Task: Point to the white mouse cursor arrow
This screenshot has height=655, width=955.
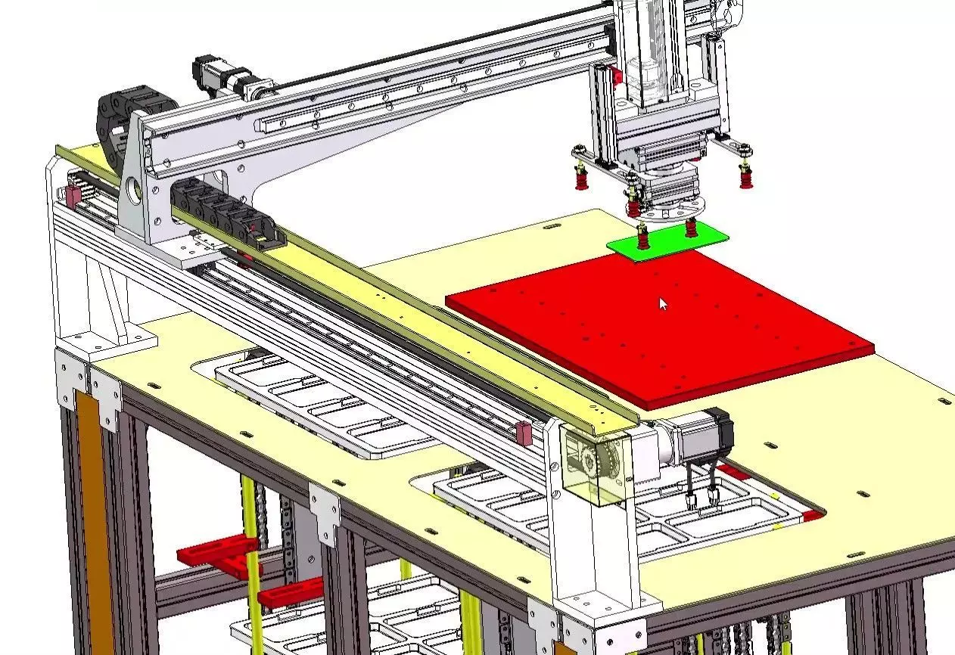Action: coord(663,303)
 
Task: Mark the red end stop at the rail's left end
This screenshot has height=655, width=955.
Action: coord(73,196)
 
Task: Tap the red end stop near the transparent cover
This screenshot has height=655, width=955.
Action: coord(522,433)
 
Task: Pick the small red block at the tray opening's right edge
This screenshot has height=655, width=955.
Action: coord(811,516)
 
